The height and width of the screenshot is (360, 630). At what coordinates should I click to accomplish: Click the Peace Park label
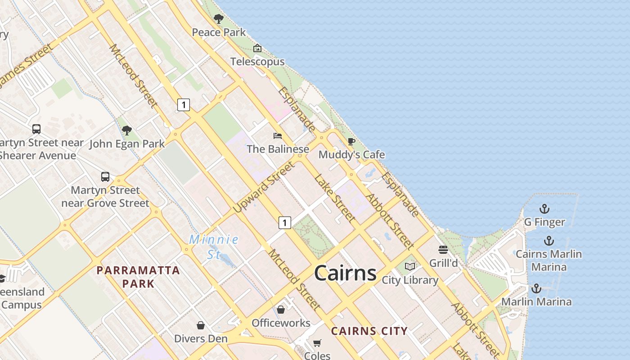(x=219, y=32)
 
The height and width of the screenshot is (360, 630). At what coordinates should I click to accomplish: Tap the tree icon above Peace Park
(x=219, y=19)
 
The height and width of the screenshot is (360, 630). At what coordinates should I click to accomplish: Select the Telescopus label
(x=257, y=62)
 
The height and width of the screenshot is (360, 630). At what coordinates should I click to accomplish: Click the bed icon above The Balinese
(x=278, y=135)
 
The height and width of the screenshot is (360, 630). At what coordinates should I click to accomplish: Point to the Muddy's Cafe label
(x=351, y=155)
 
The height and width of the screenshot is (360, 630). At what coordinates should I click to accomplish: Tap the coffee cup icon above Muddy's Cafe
(x=351, y=142)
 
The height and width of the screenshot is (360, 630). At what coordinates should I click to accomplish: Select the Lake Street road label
(x=334, y=198)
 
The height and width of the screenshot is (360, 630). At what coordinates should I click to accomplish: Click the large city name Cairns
(x=345, y=273)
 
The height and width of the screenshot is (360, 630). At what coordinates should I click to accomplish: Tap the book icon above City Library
(x=409, y=267)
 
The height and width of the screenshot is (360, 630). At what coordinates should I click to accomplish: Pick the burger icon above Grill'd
(x=443, y=250)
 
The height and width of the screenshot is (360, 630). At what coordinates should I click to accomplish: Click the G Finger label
(x=544, y=222)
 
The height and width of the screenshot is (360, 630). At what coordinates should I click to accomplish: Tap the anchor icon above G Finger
(x=544, y=209)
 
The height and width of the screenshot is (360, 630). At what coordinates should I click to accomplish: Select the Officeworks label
(x=281, y=323)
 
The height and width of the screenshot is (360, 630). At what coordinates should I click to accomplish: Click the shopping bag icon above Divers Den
(x=201, y=325)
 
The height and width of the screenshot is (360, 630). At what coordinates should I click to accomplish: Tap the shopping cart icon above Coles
(x=317, y=343)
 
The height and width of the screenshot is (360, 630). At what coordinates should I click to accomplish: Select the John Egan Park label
(x=127, y=144)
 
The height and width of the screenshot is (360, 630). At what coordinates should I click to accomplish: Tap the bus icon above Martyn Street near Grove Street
(x=105, y=176)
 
